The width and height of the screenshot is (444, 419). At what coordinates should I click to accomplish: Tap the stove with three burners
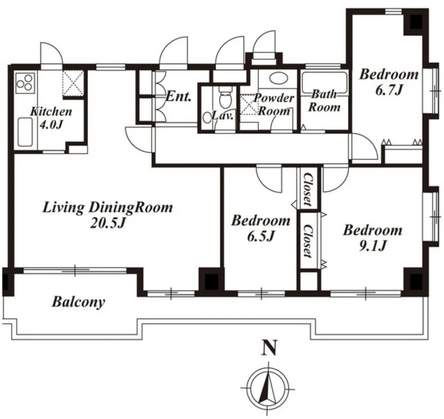coord(25,83)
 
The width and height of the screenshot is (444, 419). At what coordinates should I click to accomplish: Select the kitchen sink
coord(25,132)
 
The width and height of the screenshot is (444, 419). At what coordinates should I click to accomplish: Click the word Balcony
coord(79,302)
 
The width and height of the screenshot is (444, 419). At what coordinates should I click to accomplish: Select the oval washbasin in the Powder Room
coord(278,78)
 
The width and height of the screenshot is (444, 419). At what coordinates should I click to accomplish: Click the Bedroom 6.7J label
coord(389,82)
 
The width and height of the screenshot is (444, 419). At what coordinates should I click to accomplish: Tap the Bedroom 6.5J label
coord(261,228)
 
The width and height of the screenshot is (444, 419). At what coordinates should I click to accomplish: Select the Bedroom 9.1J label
coord(372,238)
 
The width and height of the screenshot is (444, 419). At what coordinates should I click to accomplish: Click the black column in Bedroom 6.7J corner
coord(416,22)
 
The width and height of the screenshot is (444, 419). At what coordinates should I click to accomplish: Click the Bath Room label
coord(324,101)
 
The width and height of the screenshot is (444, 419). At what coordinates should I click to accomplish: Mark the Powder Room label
coord(274,105)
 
